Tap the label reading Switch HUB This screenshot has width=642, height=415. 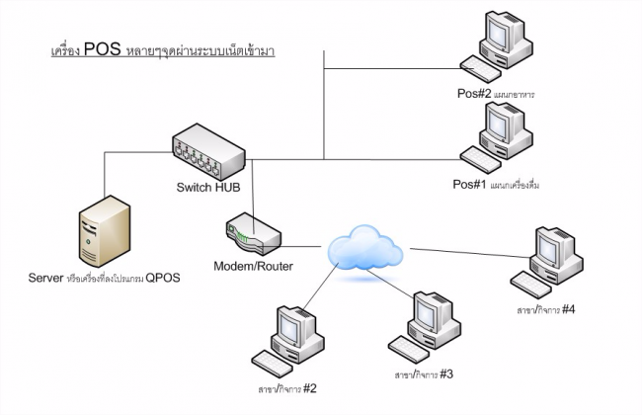click(x=209, y=188)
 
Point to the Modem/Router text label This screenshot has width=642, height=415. click(x=253, y=266)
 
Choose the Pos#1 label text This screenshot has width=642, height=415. click(x=472, y=185)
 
